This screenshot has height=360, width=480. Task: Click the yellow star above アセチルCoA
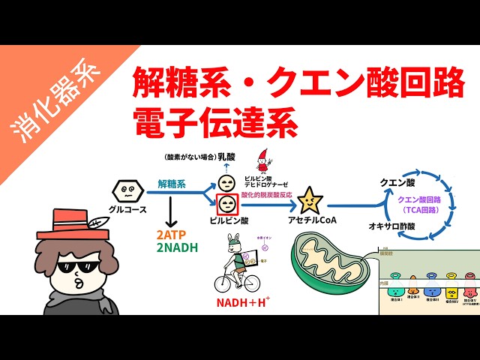309,202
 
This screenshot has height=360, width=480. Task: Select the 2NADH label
178,247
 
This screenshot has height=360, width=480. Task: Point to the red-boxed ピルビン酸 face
226,203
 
